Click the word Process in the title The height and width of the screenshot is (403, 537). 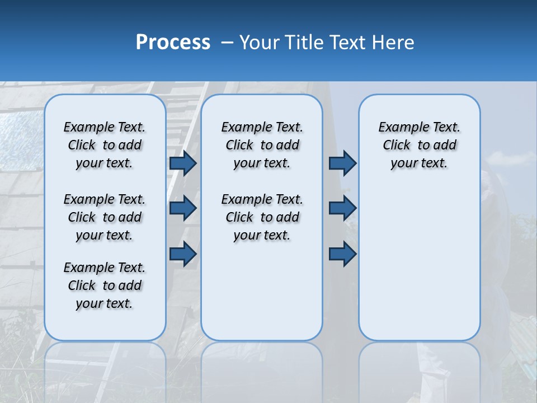coord(173,43)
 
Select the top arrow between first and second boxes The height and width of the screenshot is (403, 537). coord(183,163)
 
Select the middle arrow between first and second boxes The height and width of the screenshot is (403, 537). coord(183,208)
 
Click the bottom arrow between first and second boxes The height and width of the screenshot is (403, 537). coord(183,254)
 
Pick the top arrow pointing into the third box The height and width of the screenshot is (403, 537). coord(342,163)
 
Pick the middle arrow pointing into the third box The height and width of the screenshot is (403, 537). coord(342,208)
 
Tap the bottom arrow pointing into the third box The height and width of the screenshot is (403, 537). coord(342,254)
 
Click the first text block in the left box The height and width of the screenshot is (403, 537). coord(105,145)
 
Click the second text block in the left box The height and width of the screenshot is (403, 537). coord(105,217)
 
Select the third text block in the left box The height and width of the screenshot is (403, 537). coord(105,285)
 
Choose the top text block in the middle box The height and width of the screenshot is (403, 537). coord(262,145)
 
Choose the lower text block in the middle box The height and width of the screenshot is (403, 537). coord(262,217)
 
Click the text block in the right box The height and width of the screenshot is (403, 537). coord(419,145)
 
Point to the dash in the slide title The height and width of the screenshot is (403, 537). coord(228,43)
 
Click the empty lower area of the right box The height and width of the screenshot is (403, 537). coord(419,263)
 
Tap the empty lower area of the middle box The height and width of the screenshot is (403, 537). coord(262,291)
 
